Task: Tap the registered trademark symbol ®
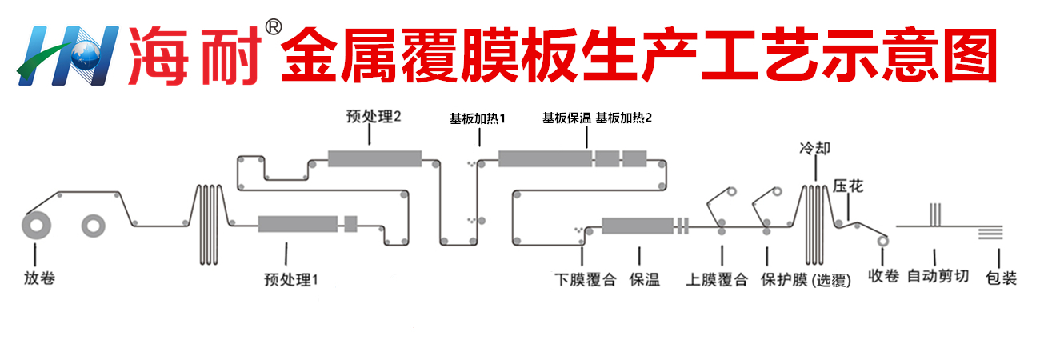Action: point(272,29)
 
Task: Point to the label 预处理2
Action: point(374,117)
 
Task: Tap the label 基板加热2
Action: point(624,118)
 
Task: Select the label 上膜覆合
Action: point(717,279)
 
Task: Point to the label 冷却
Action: point(815,149)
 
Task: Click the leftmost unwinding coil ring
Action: point(36,226)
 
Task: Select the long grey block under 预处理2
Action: point(374,158)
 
